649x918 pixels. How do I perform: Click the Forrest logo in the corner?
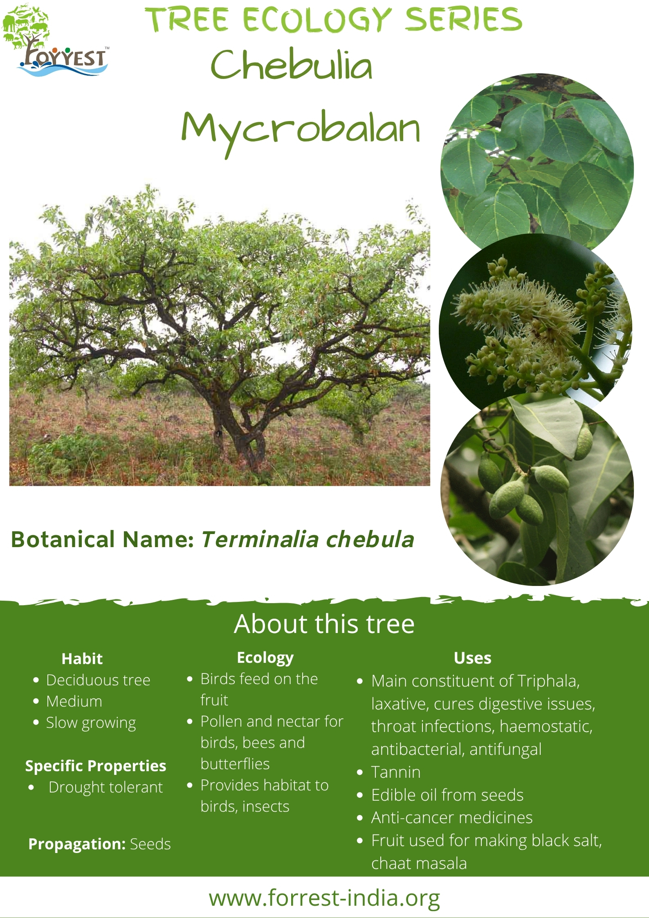[56, 40]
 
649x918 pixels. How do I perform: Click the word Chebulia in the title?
[291, 65]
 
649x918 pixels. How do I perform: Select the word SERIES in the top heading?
[463, 19]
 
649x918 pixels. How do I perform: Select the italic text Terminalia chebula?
[308, 539]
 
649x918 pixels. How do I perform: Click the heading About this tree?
[324, 624]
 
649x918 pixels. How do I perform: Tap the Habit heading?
[82, 659]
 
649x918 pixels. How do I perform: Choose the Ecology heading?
[265, 658]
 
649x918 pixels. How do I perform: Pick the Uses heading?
[472, 658]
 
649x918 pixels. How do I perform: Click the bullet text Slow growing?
[91, 723]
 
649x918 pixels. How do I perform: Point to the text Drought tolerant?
[106, 788]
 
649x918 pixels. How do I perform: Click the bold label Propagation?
[77, 844]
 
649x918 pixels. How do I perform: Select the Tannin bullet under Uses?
[396, 772]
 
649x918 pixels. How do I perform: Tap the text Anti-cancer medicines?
[452, 817]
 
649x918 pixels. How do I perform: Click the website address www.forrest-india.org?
[324, 898]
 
